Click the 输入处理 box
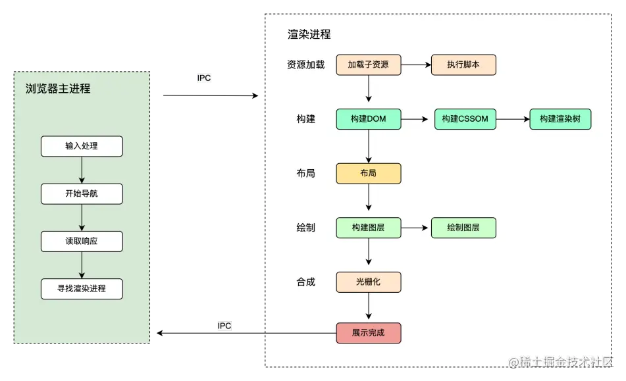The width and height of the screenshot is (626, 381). pyautogui.click(x=82, y=146)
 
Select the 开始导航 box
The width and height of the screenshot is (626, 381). pyautogui.click(x=82, y=193)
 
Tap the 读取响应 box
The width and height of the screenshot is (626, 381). pyautogui.click(x=82, y=241)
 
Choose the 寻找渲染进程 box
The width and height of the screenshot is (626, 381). pyautogui.click(x=82, y=289)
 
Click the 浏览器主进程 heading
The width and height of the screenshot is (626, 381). pyautogui.click(x=58, y=88)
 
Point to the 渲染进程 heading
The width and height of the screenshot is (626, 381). pyautogui.click(x=309, y=34)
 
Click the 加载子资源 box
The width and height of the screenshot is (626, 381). pyautogui.click(x=368, y=65)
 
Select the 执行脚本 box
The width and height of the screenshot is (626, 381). pyautogui.click(x=463, y=65)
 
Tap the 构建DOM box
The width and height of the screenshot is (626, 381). pyautogui.click(x=368, y=119)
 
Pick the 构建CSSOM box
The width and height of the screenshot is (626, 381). pyautogui.click(x=465, y=119)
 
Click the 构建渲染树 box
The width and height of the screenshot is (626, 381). pyautogui.click(x=560, y=119)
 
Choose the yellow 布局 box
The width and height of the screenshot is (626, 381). pyautogui.click(x=368, y=174)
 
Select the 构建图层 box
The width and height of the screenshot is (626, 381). pyautogui.click(x=368, y=228)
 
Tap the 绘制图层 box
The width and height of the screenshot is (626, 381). pyautogui.click(x=463, y=228)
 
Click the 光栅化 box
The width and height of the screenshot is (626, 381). pyautogui.click(x=368, y=282)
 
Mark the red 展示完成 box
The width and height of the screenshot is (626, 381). pyautogui.click(x=368, y=333)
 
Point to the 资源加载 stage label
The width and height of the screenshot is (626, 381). pyautogui.click(x=305, y=65)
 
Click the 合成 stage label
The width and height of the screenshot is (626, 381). pyautogui.click(x=305, y=282)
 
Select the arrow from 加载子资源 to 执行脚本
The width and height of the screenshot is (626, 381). pyautogui.click(x=415, y=65)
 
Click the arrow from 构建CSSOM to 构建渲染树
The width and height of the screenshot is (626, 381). pyautogui.click(x=513, y=119)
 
